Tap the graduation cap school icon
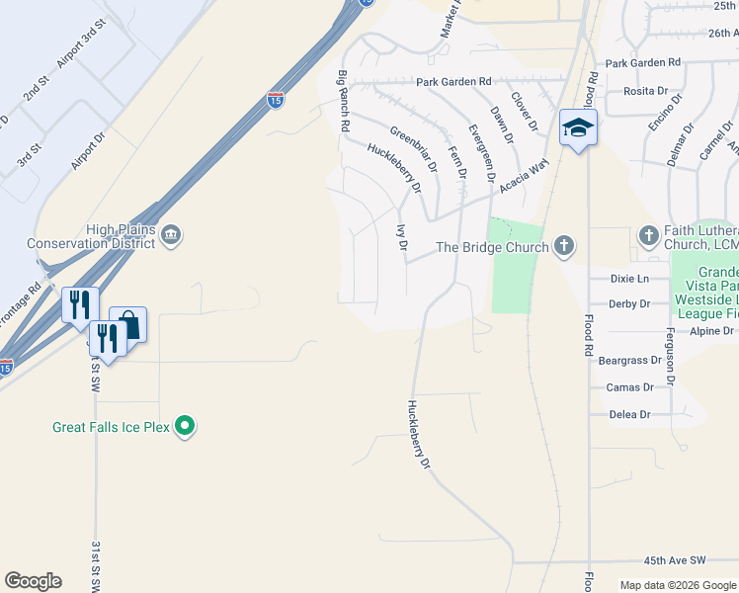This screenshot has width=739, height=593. click(x=578, y=127)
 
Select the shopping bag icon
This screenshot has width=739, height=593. click(x=127, y=323)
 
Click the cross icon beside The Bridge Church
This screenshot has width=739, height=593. click(x=563, y=246)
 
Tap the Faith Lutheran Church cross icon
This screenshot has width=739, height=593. click(x=648, y=235)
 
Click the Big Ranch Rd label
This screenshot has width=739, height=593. click(x=344, y=102)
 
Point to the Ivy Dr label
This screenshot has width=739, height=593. click(x=402, y=238)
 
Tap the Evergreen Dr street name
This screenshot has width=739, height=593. click(x=480, y=153)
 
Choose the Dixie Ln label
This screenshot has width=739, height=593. click(x=629, y=279)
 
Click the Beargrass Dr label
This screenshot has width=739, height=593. click(x=626, y=362)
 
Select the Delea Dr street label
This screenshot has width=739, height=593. click(x=630, y=415)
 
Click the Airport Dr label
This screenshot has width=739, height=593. click(x=89, y=149)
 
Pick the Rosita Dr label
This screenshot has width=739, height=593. click(x=646, y=91)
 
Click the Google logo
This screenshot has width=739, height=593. click(x=33, y=581)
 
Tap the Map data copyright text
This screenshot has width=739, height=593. click(x=677, y=585)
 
